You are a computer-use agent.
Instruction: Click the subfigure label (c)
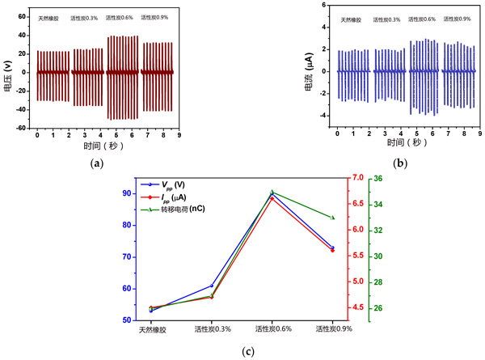coord(247,352)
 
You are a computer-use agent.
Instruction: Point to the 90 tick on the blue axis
coord(127,193)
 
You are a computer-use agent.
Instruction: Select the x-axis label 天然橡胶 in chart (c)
coord(151,329)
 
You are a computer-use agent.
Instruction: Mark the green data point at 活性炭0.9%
coord(332,218)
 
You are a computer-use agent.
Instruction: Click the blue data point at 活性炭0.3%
coord(212,286)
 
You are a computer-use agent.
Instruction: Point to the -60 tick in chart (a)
coord(24,129)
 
